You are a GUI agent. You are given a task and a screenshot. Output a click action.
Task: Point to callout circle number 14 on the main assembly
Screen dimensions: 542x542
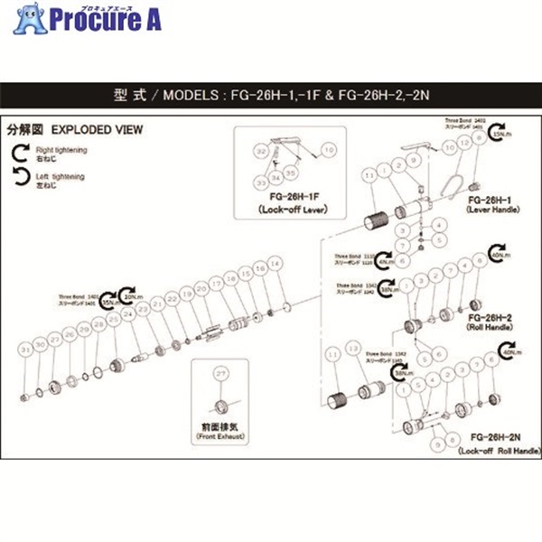tap(276, 262)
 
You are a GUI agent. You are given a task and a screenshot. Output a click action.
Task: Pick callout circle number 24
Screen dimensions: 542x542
tap(129, 313)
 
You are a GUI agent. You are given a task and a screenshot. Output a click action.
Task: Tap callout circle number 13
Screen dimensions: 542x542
tap(353, 348)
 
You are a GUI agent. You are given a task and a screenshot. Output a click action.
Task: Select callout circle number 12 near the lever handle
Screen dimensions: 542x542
tap(465, 143)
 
